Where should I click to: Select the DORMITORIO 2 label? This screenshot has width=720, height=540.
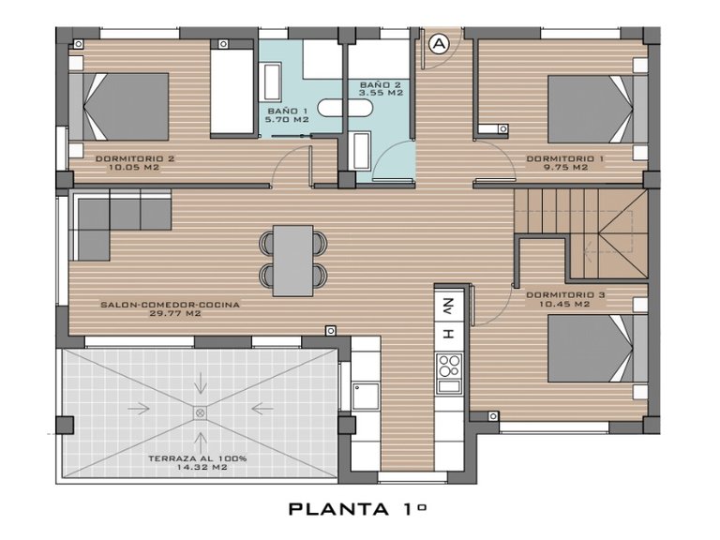point(135,158)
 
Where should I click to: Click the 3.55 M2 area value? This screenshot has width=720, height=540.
point(382,94)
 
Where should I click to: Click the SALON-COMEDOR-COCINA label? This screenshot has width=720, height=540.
point(170,305)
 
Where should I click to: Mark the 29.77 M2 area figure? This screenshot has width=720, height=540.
point(170,314)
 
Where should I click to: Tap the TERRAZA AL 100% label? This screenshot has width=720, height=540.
point(197,458)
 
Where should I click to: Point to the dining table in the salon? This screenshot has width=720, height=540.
point(292,260)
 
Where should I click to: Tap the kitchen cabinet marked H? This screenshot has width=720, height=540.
point(448,333)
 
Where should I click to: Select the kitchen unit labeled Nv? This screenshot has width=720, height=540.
point(448,306)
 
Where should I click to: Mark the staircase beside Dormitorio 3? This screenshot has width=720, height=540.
point(581,234)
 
